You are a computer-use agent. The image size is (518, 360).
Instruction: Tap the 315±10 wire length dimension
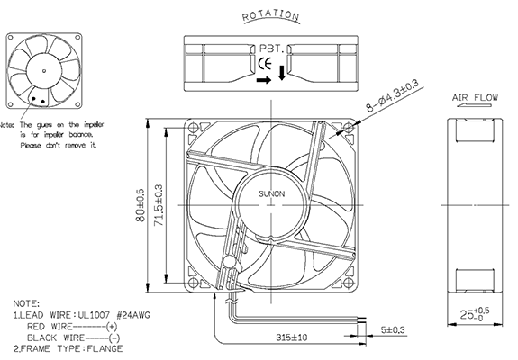(x=292, y=338)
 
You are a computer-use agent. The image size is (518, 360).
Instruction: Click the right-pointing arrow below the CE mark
(x=262, y=79)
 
